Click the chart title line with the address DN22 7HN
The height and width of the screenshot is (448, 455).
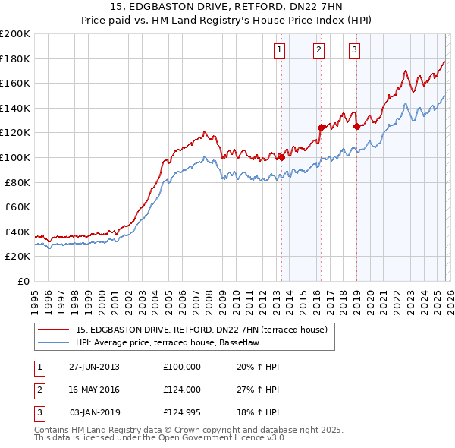click(x=227, y=8)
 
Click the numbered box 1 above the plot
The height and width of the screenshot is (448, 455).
click(x=280, y=51)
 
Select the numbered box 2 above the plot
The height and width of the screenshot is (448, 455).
click(x=318, y=51)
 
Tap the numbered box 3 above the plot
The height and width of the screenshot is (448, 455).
click(x=354, y=51)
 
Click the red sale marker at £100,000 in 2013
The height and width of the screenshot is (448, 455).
click(x=281, y=157)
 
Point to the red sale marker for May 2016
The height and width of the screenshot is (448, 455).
click(x=321, y=128)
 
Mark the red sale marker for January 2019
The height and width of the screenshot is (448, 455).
click(x=356, y=127)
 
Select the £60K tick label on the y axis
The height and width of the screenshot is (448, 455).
click(x=17, y=207)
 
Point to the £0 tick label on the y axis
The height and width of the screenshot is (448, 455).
click(x=23, y=281)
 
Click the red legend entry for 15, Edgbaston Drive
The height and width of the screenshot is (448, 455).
click(x=201, y=330)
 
